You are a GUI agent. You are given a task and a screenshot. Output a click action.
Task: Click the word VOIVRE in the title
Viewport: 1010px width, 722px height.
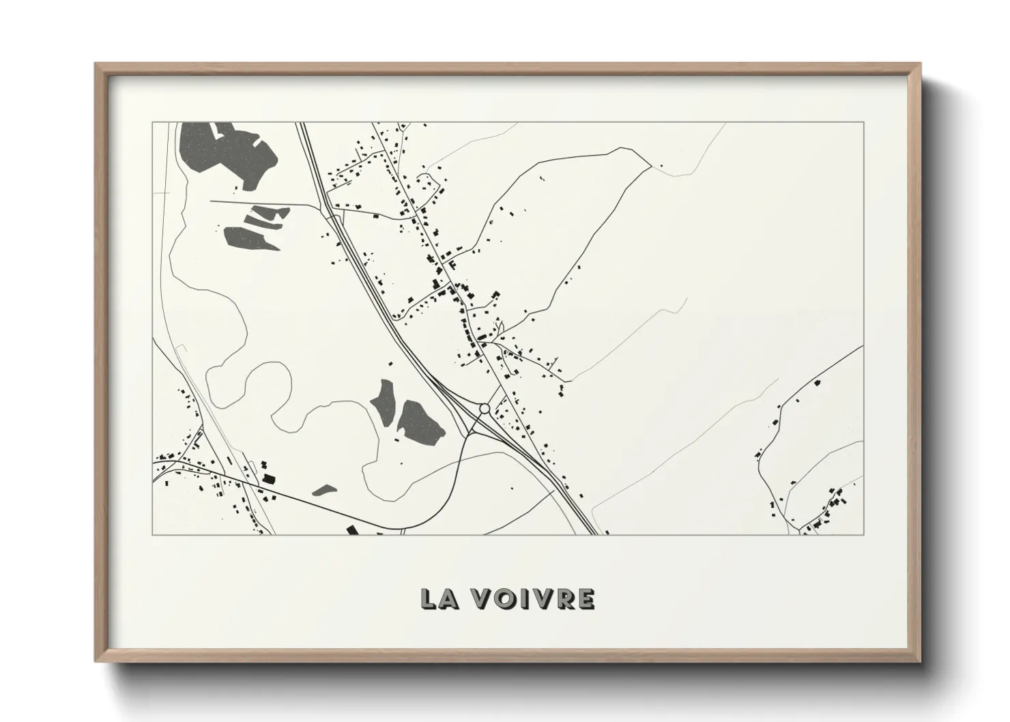[x=534, y=598]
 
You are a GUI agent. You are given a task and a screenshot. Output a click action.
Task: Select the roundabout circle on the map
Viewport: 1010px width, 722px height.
[x=485, y=408]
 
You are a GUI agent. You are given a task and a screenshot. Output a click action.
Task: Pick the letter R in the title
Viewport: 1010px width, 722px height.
[x=564, y=598]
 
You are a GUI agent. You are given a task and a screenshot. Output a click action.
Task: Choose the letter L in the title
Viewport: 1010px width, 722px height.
[x=429, y=598]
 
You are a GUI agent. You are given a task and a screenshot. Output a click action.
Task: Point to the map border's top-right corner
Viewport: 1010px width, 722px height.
[x=863, y=122]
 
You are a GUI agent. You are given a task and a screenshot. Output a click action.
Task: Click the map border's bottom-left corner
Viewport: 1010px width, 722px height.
[x=152, y=534]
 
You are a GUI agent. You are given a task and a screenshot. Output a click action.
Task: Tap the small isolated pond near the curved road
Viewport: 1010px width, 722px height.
[x=324, y=489]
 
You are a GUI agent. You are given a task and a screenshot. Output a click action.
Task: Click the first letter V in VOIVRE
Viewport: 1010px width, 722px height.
[x=485, y=598]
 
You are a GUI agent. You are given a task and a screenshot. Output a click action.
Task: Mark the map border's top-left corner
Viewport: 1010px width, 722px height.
[x=152, y=122]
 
